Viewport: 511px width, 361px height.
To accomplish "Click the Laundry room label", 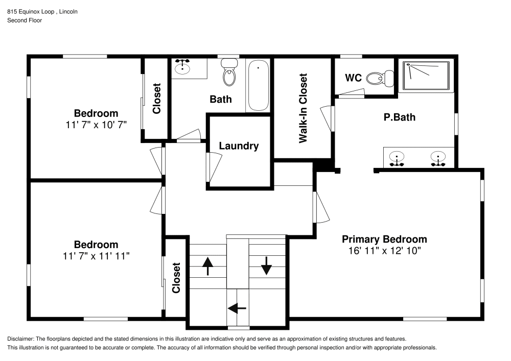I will click(x=239, y=146).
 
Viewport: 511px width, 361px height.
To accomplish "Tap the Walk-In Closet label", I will click(x=304, y=108).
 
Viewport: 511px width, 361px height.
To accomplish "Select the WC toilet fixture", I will click(x=381, y=78).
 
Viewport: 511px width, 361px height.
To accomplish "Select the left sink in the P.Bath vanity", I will click(x=396, y=158).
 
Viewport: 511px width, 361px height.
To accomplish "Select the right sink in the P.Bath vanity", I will click(x=437, y=158).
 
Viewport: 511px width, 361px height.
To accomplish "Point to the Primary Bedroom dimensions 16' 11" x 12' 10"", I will click(x=384, y=251).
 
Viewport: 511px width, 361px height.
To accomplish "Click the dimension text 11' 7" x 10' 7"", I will click(x=96, y=124).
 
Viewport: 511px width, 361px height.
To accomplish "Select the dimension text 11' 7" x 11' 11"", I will click(x=96, y=256).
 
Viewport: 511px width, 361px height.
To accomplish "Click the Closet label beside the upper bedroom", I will click(x=157, y=99).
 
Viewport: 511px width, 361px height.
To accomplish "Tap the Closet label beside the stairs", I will click(x=176, y=278).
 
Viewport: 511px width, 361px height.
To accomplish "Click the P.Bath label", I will click(x=400, y=117).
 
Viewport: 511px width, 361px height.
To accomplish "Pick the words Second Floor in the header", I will click(x=25, y=20).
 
